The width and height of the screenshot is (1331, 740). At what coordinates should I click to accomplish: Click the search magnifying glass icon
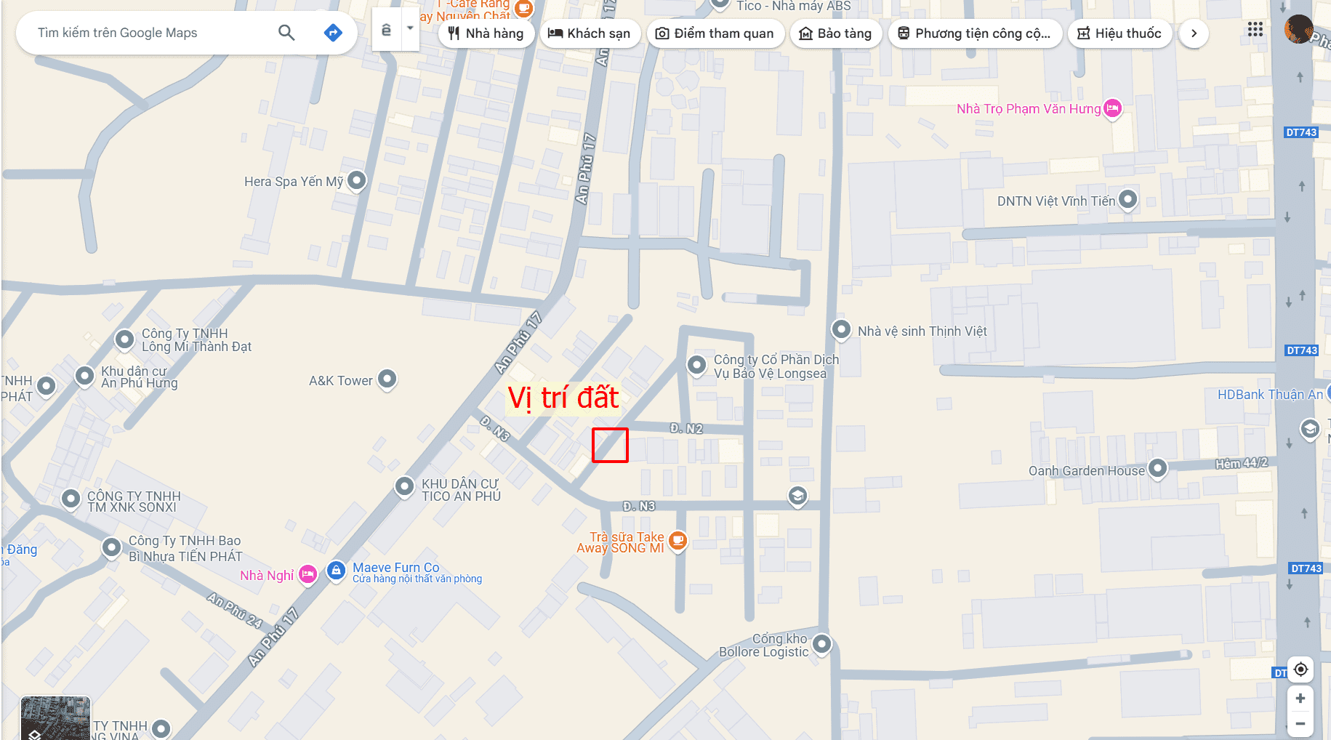click(286, 33)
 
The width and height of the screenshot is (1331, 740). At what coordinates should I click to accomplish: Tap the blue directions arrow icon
click(333, 33)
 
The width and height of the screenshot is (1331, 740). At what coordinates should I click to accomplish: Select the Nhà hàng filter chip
click(486, 33)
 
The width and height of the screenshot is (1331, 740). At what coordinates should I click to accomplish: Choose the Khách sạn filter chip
click(589, 33)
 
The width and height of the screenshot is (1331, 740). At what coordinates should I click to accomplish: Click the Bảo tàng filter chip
click(835, 33)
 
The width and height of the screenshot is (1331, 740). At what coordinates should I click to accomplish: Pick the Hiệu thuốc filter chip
click(1119, 33)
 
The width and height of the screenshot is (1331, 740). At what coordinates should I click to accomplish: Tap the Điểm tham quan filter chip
click(715, 33)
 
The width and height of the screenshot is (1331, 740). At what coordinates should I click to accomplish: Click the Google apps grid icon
click(1255, 30)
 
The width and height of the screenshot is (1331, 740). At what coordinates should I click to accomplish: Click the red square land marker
click(610, 445)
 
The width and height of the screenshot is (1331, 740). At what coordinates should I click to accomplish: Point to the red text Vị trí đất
click(563, 398)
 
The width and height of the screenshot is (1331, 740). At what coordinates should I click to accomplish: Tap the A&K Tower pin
click(387, 379)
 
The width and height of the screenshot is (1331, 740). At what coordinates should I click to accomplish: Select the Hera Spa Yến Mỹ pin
click(356, 180)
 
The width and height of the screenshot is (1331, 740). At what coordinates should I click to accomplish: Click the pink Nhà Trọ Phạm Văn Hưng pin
click(1112, 108)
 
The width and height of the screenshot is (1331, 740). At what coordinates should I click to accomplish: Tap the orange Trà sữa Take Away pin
click(677, 540)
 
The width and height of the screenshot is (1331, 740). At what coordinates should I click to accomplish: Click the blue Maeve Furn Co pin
click(336, 571)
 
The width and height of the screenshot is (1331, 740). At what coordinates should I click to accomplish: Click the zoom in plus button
click(1300, 699)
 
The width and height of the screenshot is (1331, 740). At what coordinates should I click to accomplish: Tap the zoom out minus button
click(1300, 724)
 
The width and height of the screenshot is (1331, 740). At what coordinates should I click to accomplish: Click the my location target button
click(1300, 669)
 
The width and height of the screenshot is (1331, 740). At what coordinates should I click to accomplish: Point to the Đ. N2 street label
click(686, 429)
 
